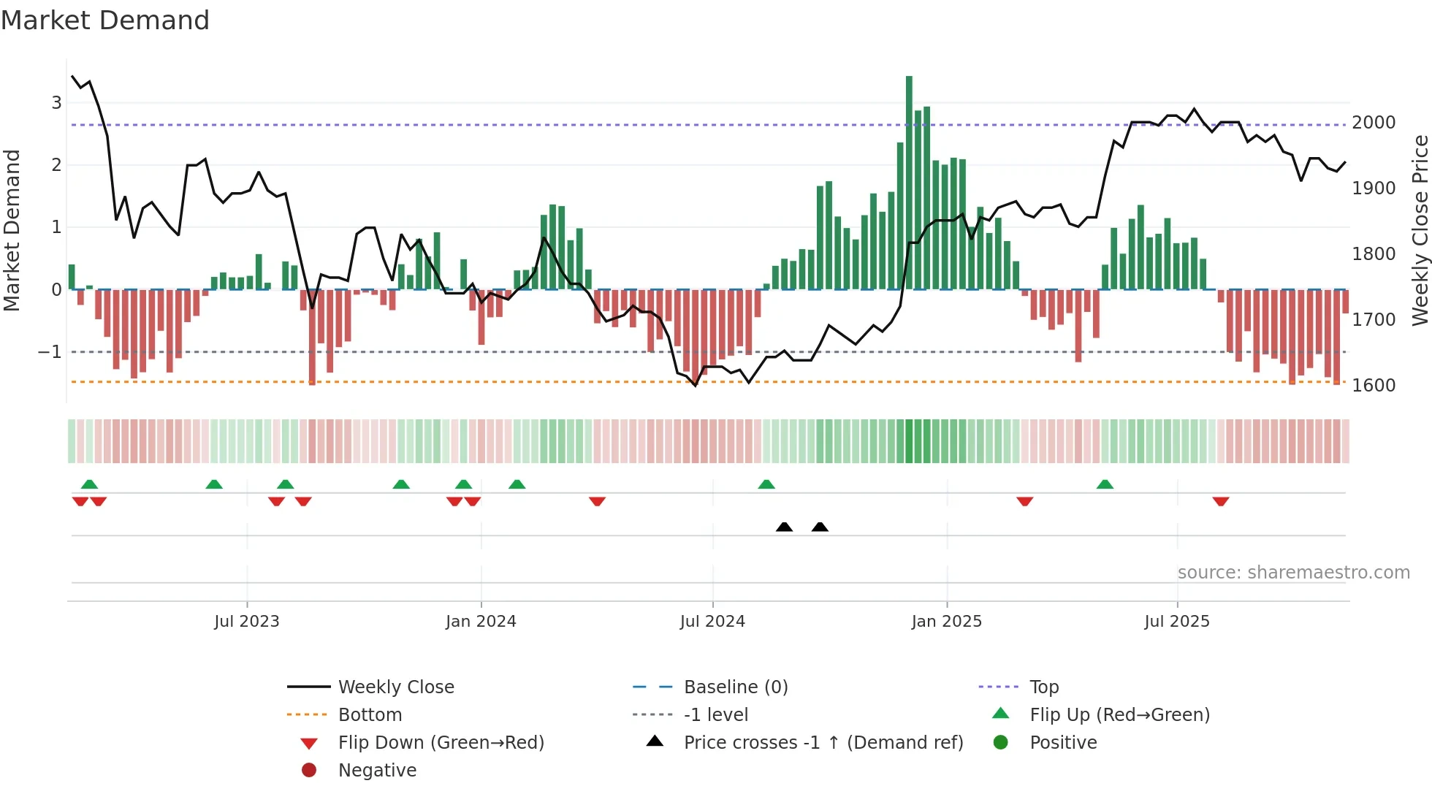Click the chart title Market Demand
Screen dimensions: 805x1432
tap(105, 20)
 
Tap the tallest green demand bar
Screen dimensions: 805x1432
tap(909, 183)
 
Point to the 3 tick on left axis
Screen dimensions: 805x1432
tap(56, 103)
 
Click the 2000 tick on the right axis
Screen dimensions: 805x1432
tap(1374, 123)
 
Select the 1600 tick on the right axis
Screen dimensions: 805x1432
tap(1374, 386)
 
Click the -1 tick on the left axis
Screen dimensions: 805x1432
tap(50, 352)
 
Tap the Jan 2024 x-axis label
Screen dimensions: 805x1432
tap(481, 622)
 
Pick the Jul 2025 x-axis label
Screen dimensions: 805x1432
tap(1177, 622)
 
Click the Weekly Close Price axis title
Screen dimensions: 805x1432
tap(1420, 230)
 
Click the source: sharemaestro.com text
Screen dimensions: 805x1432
tap(1293, 573)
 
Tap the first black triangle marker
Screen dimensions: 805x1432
tap(784, 527)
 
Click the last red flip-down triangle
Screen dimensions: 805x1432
tap(1221, 501)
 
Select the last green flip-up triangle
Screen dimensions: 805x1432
tap(1105, 484)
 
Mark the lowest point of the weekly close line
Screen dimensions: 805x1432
tap(696, 386)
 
